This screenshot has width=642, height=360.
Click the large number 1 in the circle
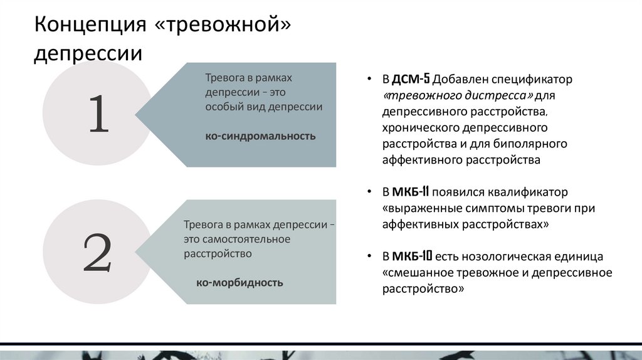pos(98,114)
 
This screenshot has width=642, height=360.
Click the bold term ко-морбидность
pos(239,282)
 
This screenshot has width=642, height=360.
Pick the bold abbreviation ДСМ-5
pos(411,80)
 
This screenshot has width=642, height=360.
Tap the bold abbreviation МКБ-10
pos(412,257)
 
